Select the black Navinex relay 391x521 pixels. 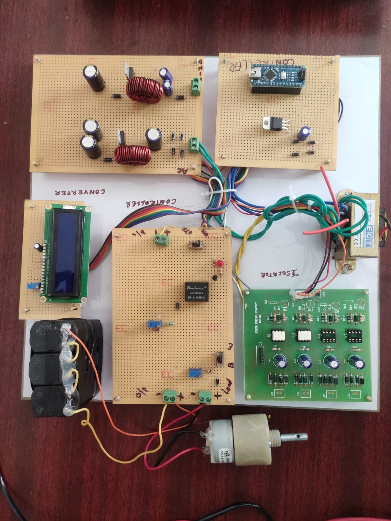pyautogui.click(x=197, y=291)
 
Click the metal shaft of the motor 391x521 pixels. pyautogui.click(x=293, y=438)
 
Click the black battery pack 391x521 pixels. pyautogui.click(x=65, y=366)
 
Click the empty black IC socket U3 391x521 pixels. pyautogui.click(x=329, y=335)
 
